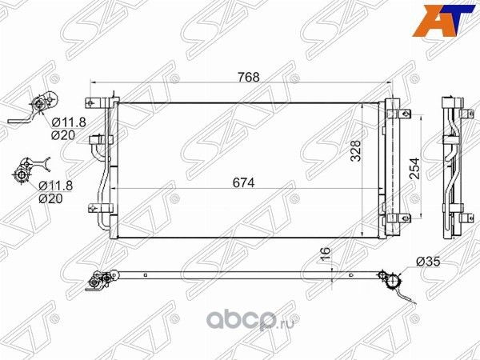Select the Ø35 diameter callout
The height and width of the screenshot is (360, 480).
428,260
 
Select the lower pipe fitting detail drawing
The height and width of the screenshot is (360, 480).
30,170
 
